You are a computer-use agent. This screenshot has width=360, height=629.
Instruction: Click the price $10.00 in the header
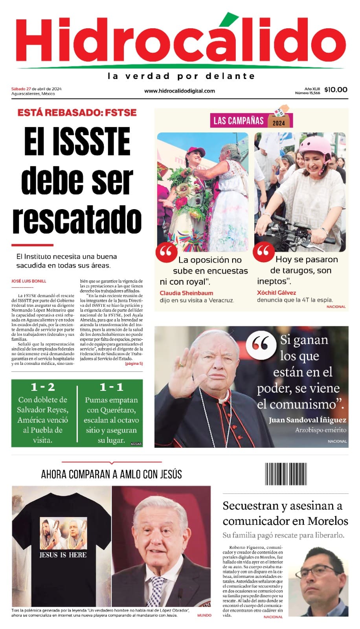click(x=336, y=90)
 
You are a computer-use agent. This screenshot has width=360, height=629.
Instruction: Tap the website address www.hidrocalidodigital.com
click(x=180, y=91)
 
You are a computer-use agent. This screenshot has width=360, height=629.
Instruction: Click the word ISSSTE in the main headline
click(x=92, y=142)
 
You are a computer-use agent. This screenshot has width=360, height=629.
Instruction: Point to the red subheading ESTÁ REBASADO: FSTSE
click(x=77, y=112)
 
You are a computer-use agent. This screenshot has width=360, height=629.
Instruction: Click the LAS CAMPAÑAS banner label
click(x=238, y=120)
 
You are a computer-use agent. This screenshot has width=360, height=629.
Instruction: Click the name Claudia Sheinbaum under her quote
click(x=186, y=293)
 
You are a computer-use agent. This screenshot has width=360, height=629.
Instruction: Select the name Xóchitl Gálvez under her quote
click(x=276, y=292)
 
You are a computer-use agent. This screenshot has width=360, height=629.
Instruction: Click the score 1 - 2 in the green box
click(x=42, y=387)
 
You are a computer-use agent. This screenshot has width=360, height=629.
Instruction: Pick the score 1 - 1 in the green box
click(x=111, y=387)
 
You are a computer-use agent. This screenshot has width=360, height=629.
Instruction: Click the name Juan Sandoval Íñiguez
click(x=307, y=420)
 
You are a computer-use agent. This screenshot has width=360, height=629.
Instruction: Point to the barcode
click(x=286, y=474)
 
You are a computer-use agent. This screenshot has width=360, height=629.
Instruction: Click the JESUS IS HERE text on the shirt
click(x=63, y=555)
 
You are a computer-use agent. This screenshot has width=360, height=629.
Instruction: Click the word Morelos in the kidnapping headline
click(x=328, y=521)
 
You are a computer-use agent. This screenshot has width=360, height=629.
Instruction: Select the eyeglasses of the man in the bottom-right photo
click(x=320, y=570)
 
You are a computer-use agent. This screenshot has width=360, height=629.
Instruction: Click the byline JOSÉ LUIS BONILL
click(x=29, y=281)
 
